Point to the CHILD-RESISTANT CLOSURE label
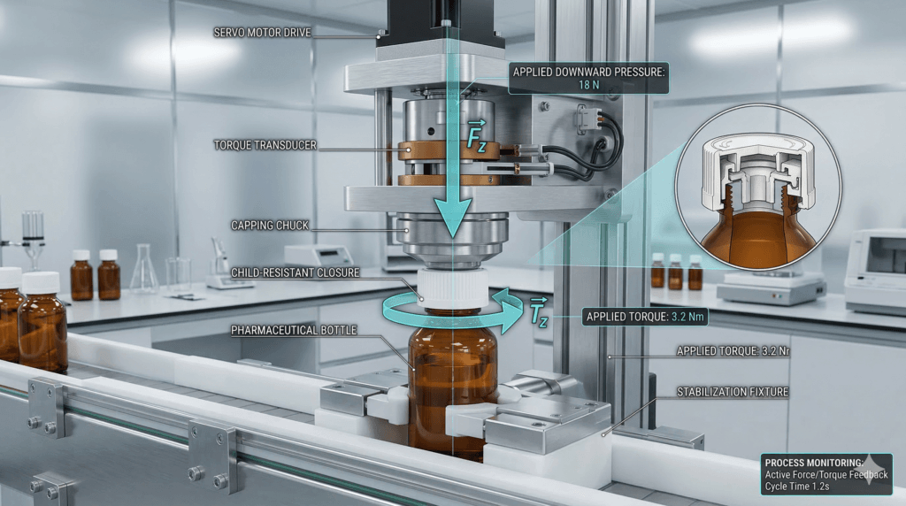(x=294, y=272)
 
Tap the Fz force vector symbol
(x=476, y=137)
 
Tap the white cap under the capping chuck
(x=452, y=287)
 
